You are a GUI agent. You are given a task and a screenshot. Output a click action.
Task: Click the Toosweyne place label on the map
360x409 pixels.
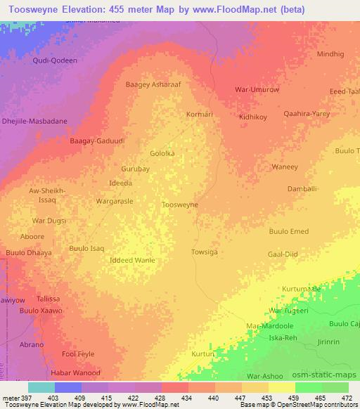180,204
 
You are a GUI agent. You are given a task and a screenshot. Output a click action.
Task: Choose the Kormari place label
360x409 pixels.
200,114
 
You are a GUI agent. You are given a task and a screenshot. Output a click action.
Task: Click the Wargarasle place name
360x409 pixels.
115,201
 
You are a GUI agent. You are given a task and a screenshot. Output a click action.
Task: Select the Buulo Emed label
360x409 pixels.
288,231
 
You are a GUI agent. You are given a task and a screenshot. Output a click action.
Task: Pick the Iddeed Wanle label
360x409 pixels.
132,260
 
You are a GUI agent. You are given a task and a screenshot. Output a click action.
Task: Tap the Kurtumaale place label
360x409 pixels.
301,289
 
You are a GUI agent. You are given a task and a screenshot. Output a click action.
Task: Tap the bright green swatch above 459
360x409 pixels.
309,387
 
